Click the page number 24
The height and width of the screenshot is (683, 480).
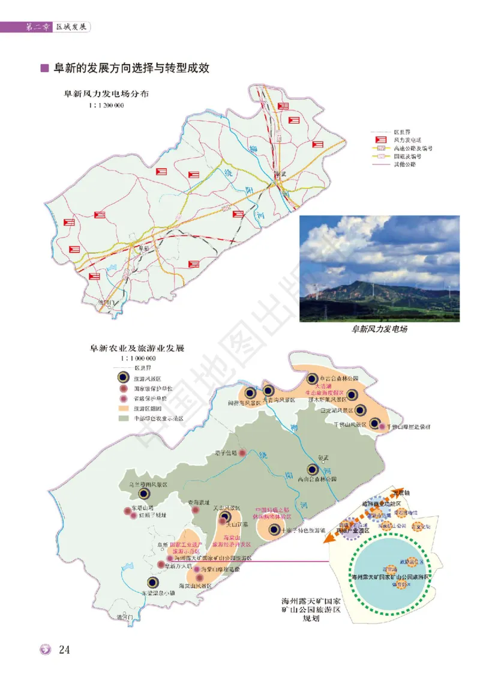[65, 650]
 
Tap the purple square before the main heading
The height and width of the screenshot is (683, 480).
[44, 68]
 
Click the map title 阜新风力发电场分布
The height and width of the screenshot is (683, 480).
[107, 94]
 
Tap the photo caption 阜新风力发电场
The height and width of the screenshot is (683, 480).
[379, 329]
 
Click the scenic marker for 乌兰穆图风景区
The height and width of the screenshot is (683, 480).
[144, 493]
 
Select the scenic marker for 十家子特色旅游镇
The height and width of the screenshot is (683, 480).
[274, 529]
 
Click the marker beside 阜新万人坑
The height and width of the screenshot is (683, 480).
[160, 565]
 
